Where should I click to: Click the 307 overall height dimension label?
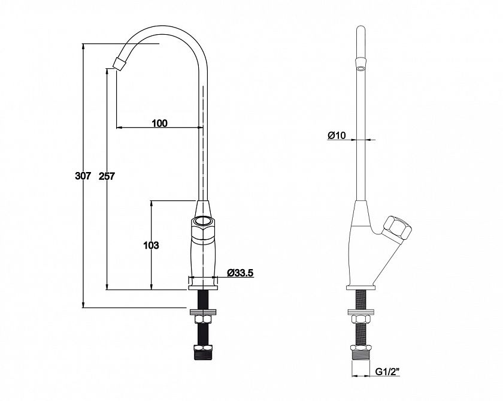(x=83, y=176)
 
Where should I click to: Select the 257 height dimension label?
(x=107, y=176)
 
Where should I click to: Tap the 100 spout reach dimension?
(x=159, y=123)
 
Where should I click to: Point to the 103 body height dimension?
(x=151, y=245)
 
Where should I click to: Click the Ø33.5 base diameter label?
(x=240, y=273)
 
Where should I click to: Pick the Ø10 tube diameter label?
(x=337, y=135)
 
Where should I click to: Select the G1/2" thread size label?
(x=388, y=372)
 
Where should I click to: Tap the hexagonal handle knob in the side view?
(x=398, y=228)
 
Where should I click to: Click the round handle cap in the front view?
(x=203, y=221)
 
